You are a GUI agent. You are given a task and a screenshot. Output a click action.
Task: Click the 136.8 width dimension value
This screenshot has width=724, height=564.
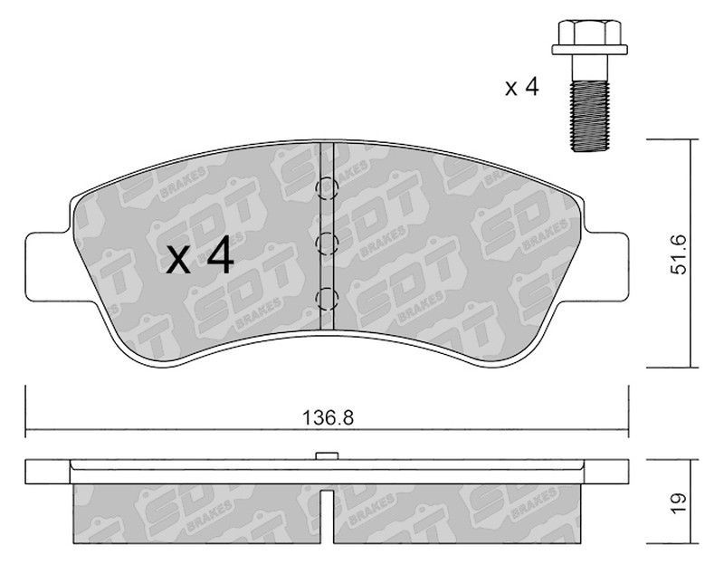[327, 419]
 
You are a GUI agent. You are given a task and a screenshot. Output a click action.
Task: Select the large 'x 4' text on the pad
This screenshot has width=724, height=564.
[201, 259]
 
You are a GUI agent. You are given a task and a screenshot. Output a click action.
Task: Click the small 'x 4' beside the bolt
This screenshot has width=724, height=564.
[522, 88]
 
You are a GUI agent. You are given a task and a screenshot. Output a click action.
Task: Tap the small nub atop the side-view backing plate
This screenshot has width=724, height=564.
[327, 454]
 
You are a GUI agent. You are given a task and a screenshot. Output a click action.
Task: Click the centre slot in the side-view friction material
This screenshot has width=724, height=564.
[327, 516]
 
